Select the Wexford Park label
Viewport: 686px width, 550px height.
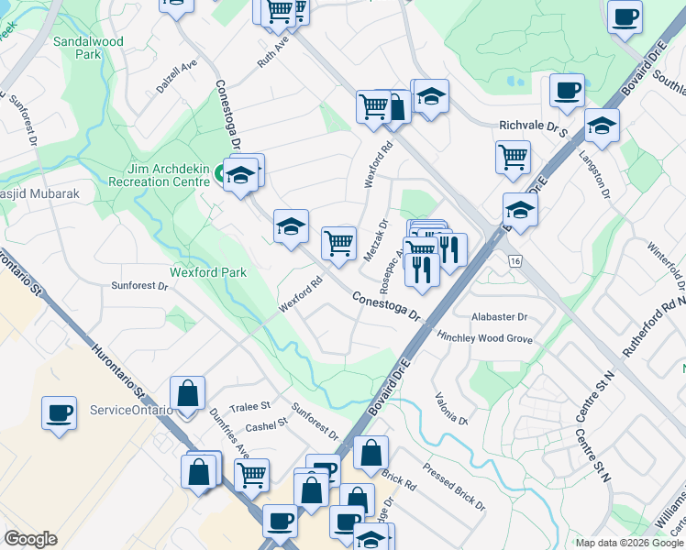coord(208,272)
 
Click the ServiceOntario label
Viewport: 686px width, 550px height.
coord(132,410)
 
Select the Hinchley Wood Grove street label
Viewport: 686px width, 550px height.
coord(485,337)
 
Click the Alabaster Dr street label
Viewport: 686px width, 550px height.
coord(500,317)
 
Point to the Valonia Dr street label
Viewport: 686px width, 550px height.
coord(452,411)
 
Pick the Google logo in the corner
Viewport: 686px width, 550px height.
coord(31,539)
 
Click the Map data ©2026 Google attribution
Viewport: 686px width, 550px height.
coord(629,543)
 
